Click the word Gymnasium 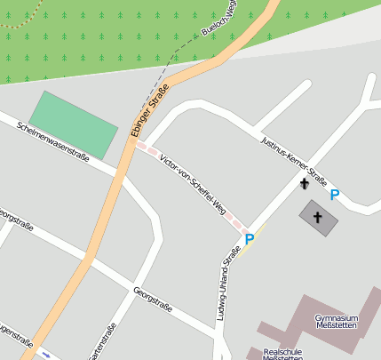click(x=337, y=317)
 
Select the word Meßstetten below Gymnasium click(x=337, y=327)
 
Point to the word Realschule click(x=283, y=351)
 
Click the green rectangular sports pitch click(x=74, y=124)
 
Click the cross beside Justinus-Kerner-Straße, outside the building click(x=305, y=184)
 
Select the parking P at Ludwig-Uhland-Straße click(x=250, y=238)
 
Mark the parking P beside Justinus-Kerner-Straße click(x=334, y=196)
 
